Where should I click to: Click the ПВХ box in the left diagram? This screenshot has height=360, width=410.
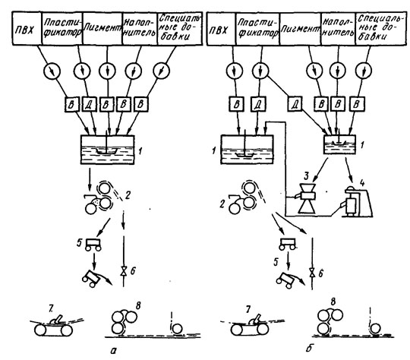click(27, 28)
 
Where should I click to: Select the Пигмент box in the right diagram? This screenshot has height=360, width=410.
click(300, 29)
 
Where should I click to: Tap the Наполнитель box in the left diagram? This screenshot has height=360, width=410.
click(140, 28)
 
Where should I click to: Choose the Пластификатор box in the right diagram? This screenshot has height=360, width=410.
click(257, 29)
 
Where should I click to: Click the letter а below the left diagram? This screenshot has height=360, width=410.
click(113, 351)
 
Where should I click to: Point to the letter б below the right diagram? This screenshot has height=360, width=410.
click(309, 348)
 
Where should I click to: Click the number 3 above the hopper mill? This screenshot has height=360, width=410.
click(306, 176)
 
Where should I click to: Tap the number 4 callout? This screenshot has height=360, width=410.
click(362, 182)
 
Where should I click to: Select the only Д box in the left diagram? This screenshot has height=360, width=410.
click(88, 104)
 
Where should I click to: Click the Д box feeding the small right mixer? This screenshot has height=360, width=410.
click(295, 103)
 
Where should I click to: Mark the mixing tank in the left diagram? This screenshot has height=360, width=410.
click(108, 150)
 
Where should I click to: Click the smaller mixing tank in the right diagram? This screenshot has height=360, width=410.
click(339, 144)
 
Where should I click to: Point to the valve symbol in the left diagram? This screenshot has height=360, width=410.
click(123, 270)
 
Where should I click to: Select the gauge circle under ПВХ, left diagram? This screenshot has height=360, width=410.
click(52, 71)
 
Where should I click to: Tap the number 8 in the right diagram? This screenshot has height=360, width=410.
click(333, 302)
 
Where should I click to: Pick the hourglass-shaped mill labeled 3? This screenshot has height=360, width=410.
click(307, 197)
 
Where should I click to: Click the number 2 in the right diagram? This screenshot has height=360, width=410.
click(222, 204)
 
